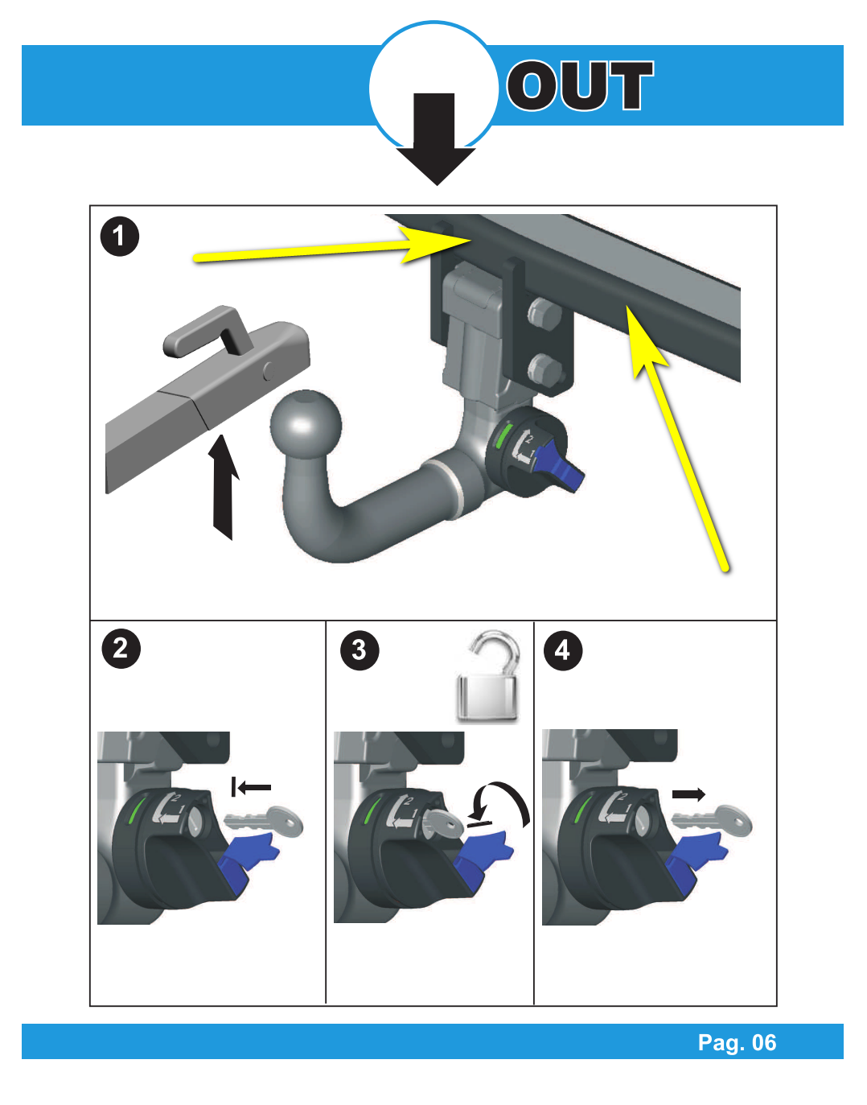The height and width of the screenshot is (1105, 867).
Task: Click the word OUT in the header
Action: [581, 85]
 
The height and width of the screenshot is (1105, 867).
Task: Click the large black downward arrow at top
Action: [436, 138]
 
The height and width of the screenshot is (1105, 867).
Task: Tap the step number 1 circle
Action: [119, 237]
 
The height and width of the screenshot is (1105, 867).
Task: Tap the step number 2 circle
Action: [121, 649]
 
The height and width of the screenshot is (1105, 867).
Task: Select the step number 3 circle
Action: [360, 650]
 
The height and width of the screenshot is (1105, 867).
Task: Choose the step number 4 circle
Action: [562, 650]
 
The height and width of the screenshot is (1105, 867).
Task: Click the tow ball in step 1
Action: [306, 425]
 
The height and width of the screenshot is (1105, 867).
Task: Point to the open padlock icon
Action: [488, 676]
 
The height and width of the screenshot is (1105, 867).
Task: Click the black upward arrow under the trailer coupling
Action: [225, 487]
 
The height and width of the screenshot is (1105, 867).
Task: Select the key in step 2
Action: [264, 819]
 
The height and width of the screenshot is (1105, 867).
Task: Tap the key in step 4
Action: [712, 820]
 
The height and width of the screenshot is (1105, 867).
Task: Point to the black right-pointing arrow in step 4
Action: [688, 794]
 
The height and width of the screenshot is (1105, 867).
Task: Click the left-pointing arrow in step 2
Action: [251, 787]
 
